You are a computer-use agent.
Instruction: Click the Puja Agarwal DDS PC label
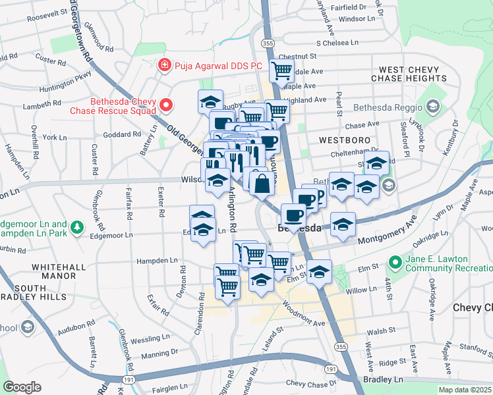tap(218, 66)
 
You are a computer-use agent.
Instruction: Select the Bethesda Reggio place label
tap(391, 107)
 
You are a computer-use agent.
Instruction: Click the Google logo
tap(22, 387)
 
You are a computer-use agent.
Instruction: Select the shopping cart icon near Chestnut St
tap(282, 70)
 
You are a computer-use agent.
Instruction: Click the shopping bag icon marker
tap(262, 184)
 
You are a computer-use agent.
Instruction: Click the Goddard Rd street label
tap(123, 134)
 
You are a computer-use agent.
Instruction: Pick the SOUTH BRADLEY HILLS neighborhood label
tap(39, 294)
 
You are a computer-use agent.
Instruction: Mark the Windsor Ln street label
tap(356, 18)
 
